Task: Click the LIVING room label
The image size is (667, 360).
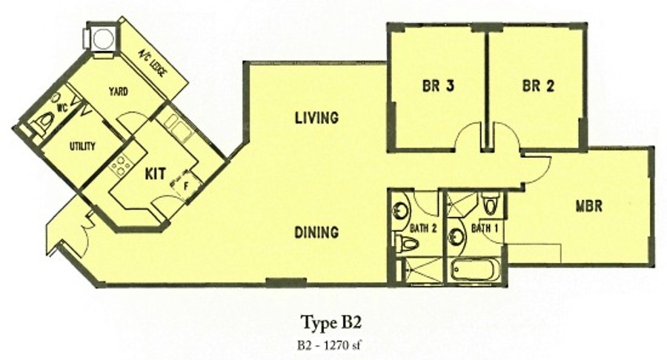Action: click(x=317, y=118)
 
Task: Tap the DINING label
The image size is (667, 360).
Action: click(x=317, y=232)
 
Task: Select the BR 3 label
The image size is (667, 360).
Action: click(x=438, y=86)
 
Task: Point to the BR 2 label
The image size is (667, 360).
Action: click(x=538, y=86)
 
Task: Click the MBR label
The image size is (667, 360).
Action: click(x=589, y=207)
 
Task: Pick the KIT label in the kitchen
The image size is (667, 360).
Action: click(x=156, y=174)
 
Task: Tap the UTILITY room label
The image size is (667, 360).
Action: click(x=82, y=147)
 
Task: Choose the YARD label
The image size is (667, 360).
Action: click(x=119, y=91)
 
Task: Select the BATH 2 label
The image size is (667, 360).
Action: click(x=423, y=229)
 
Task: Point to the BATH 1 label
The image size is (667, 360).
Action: click(x=485, y=229)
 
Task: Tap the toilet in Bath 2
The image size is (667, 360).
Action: click(x=407, y=244)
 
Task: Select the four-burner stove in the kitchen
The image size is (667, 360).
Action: click(x=120, y=164)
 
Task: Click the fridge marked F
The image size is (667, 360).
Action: click(x=186, y=185)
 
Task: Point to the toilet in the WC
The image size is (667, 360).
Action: click(x=43, y=122)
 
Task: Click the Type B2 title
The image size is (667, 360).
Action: click(x=331, y=322)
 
